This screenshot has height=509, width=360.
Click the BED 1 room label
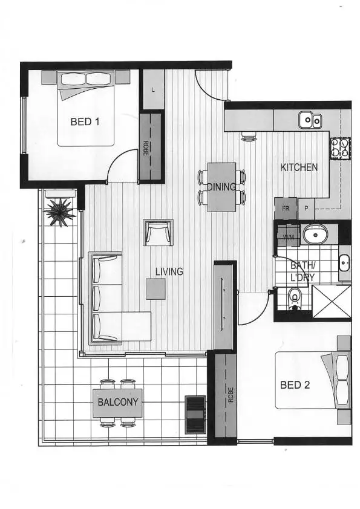click(85, 122)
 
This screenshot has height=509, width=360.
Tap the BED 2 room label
click(295, 384)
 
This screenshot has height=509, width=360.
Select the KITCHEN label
click(299, 167)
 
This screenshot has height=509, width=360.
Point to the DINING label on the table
click(221, 187)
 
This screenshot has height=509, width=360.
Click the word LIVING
click(169, 272)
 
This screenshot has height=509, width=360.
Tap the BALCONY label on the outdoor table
click(118, 402)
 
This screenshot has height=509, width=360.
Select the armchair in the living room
click(158, 232)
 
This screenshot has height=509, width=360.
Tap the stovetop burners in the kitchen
click(340, 148)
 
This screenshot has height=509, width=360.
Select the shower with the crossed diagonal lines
click(331, 301)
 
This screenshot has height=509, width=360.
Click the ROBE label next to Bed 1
click(146, 149)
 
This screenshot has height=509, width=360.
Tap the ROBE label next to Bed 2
click(231, 394)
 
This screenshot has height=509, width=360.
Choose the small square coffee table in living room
click(155, 288)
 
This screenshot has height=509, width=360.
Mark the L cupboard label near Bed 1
click(153, 90)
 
